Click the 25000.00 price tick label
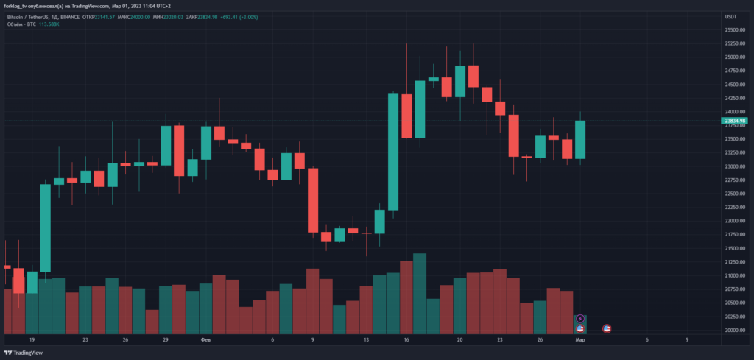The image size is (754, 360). (x=734, y=57)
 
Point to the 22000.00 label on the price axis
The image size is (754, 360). (x=734, y=220)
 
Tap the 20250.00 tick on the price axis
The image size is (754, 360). (x=734, y=316)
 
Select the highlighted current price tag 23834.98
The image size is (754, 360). (x=736, y=121)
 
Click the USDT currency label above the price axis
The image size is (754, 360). (x=731, y=17)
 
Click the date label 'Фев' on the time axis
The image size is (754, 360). (x=205, y=340)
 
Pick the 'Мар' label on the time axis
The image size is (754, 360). (x=580, y=340)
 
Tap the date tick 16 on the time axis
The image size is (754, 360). (x=406, y=340)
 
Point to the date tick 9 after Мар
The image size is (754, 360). (x=687, y=340)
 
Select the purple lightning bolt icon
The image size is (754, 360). (x=580, y=318)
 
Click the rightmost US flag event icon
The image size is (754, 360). (x=607, y=328)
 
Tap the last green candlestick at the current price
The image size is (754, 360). (x=580, y=139)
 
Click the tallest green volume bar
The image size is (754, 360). (x=420, y=293)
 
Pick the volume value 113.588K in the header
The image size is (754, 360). (x=49, y=24)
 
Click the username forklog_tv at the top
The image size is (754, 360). (x=19, y=5)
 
